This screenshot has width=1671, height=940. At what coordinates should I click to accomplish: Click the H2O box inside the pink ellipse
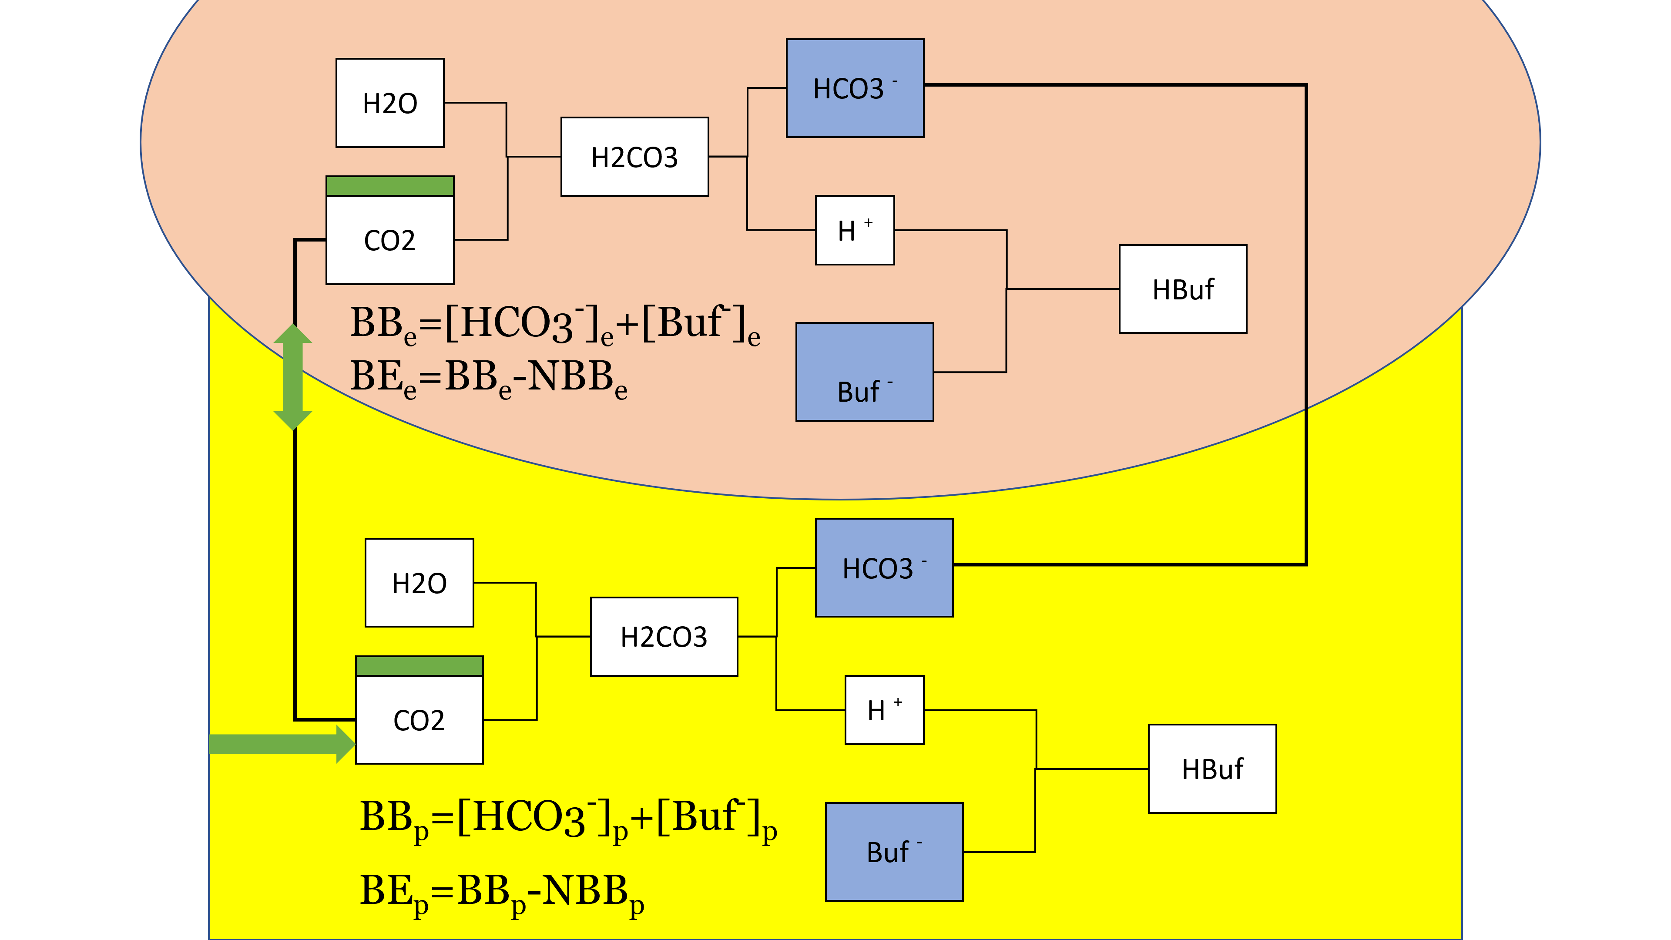point(390,103)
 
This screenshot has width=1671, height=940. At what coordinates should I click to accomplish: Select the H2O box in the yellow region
point(419,583)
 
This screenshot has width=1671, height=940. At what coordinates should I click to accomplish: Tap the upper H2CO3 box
point(634,156)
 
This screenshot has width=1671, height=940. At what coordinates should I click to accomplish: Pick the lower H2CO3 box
point(664,636)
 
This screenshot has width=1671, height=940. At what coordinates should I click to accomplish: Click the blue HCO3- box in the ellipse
point(855,88)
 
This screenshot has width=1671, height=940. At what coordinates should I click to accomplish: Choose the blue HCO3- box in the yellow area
point(884,567)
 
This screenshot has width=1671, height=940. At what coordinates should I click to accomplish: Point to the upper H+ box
point(855,230)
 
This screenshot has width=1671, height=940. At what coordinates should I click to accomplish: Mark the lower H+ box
point(884,710)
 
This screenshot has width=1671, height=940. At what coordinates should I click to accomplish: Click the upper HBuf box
point(1183,289)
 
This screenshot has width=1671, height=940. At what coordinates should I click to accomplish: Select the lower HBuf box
point(1212,769)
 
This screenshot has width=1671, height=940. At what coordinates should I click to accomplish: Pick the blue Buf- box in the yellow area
point(894,852)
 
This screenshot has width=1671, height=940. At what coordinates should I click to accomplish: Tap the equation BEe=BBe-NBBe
point(488,378)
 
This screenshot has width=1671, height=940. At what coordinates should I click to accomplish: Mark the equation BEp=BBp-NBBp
point(501,893)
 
